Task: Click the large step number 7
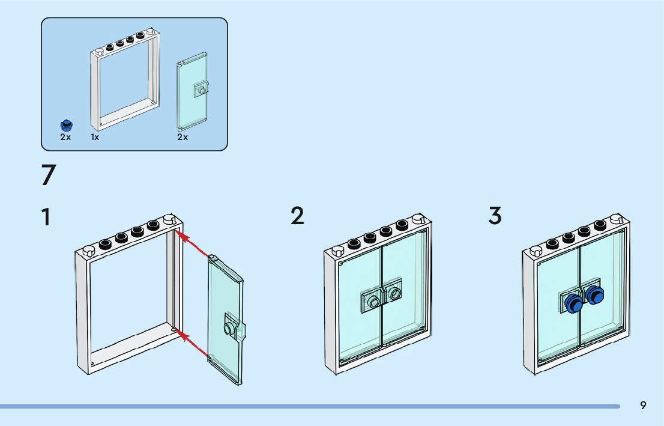pyautogui.click(x=49, y=175)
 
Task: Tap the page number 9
pyautogui.click(x=643, y=406)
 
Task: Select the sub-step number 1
pyautogui.click(x=46, y=217)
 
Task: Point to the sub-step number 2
pyautogui.click(x=297, y=216)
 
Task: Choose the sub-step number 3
pyautogui.click(x=495, y=216)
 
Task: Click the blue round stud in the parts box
pyautogui.click(x=66, y=125)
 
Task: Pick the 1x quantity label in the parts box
pyautogui.click(x=95, y=137)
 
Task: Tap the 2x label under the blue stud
pyautogui.click(x=65, y=137)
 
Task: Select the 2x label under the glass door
pyautogui.click(x=183, y=137)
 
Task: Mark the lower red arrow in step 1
pyautogui.click(x=193, y=343)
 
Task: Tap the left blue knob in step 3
pyautogui.click(x=573, y=305)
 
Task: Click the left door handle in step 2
pyautogui.click(x=374, y=302)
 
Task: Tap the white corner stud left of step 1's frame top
pyautogui.click(x=88, y=251)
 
